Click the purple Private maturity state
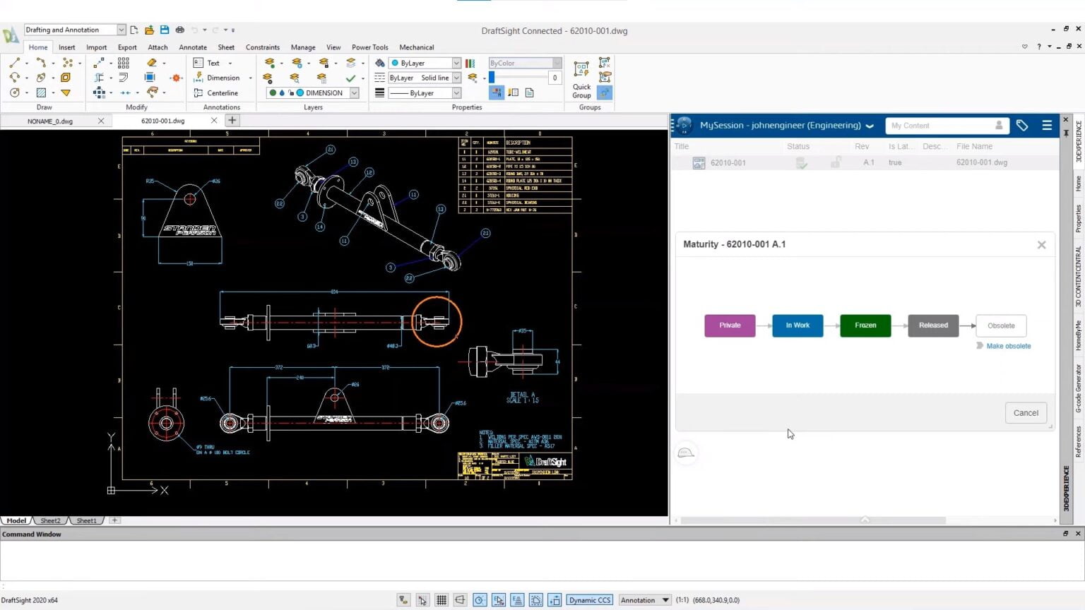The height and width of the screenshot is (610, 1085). (730, 325)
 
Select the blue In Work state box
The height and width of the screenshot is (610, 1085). (798, 325)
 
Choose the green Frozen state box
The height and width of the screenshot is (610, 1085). (865, 325)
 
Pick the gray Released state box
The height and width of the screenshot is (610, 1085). (933, 325)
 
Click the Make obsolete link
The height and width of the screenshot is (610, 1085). (1008, 346)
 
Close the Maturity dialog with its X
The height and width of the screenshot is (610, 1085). (1041, 245)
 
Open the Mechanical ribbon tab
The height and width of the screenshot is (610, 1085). (416, 47)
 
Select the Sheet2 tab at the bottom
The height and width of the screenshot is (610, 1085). (50, 520)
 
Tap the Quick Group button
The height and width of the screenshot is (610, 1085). (581, 80)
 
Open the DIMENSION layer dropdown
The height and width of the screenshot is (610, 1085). (355, 93)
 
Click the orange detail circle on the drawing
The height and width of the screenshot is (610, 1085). (437, 321)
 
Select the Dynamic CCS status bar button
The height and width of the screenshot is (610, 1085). (589, 600)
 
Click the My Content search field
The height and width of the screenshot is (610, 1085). (939, 126)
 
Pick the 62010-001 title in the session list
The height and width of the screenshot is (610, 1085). (728, 162)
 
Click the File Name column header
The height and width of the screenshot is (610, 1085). (974, 146)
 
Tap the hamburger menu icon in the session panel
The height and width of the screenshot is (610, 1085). (1047, 126)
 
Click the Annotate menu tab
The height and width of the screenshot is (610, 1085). (193, 47)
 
